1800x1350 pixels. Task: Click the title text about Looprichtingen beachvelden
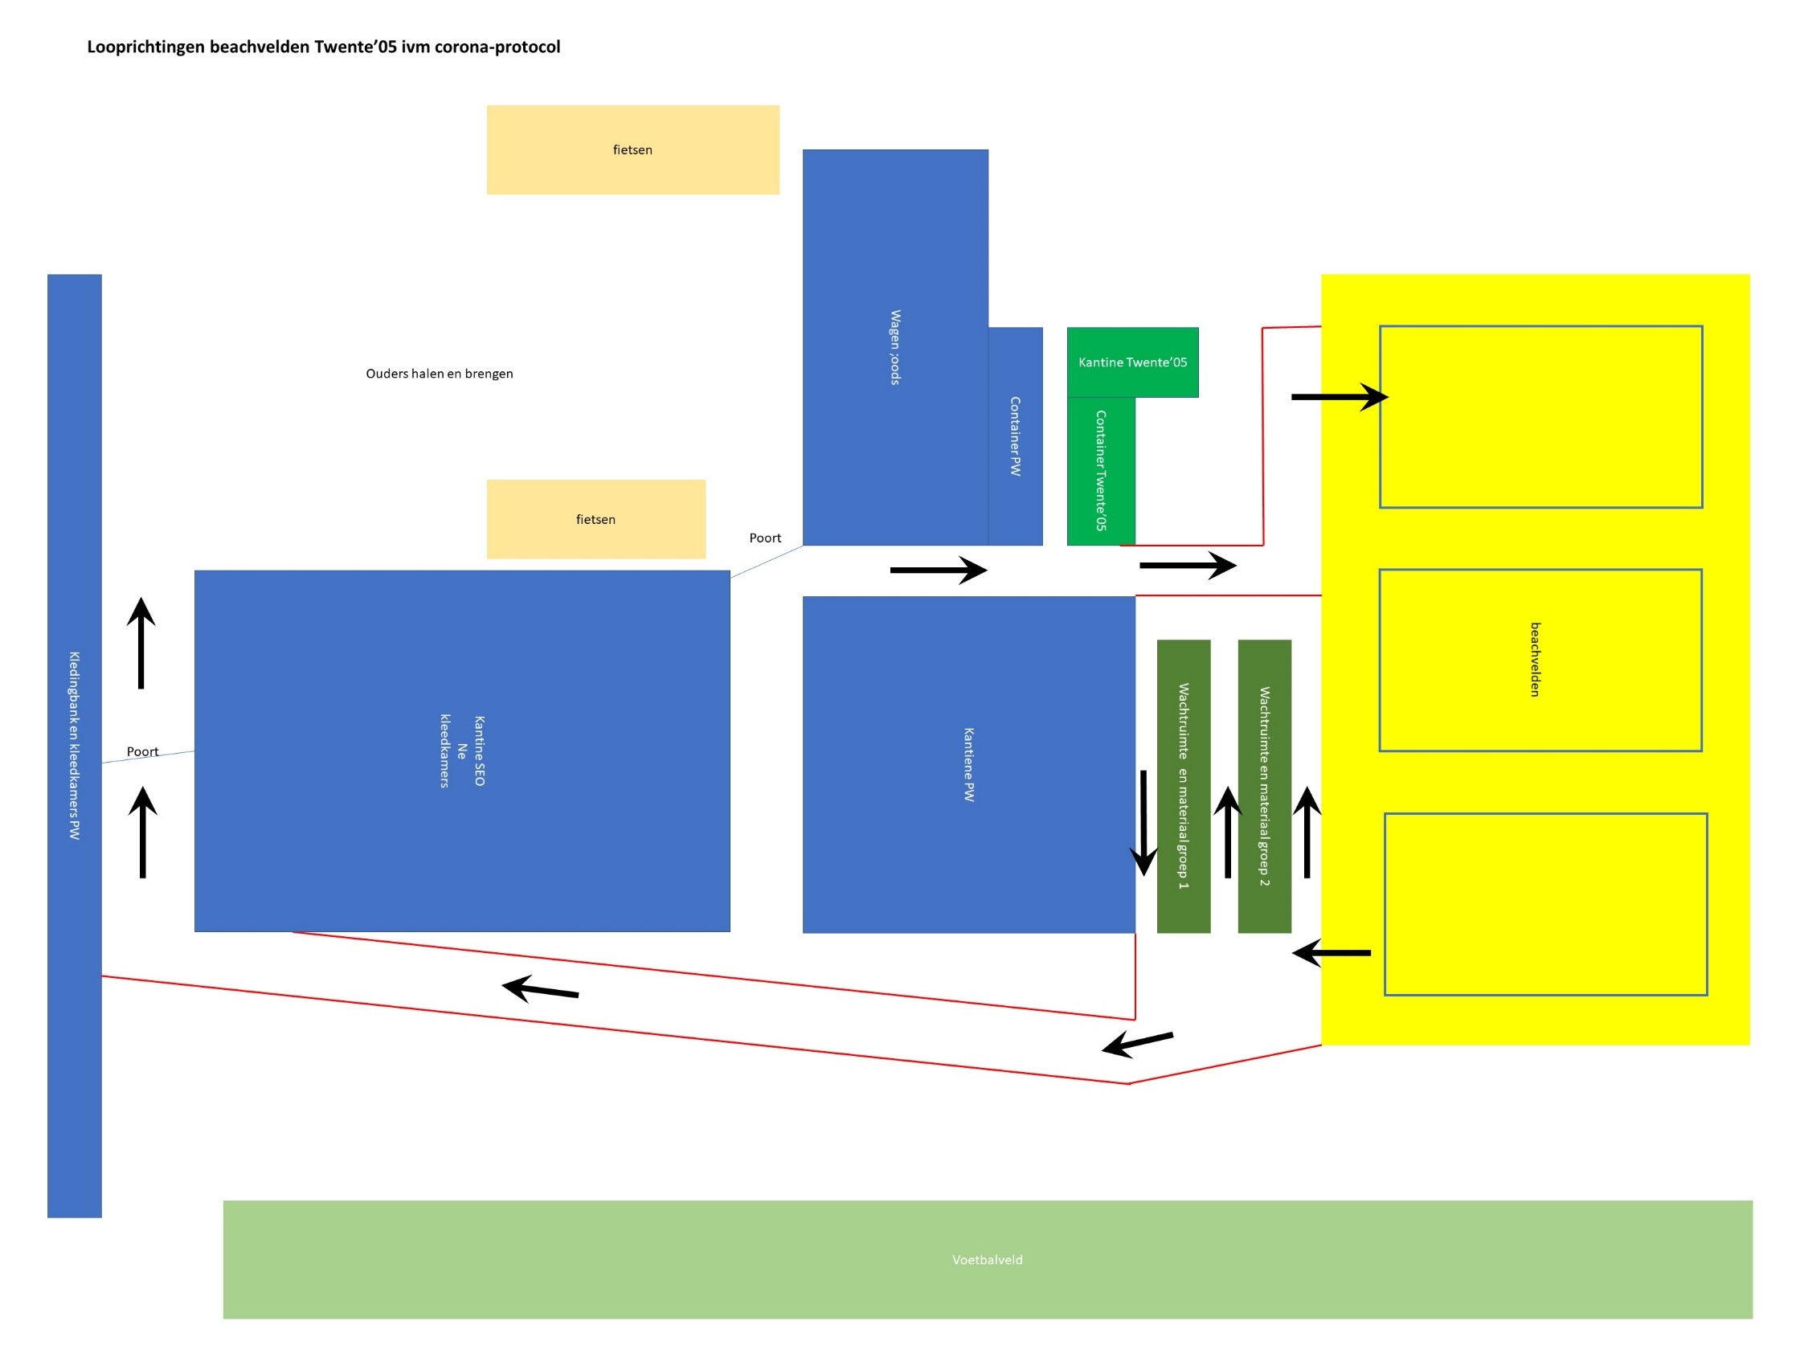pyautogui.click(x=323, y=47)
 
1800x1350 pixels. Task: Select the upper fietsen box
pyautogui.click(x=632, y=149)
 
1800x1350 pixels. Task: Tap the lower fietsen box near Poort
pyautogui.click(x=595, y=519)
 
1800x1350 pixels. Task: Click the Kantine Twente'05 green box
pyautogui.click(x=1132, y=362)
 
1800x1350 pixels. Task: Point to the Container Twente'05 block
pyautogui.click(x=1100, y=471)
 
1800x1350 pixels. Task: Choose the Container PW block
pyautogui.click(x=1015, y=436)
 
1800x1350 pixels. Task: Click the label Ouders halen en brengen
pyautogui.click(x=440, y=374)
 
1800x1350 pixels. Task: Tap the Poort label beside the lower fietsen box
pyautogui.click(x=765, y=538)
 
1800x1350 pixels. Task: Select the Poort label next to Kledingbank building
pyautogui.click(x=142, y=752)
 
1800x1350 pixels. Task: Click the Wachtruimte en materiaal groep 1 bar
pyautogui.click(x=1183, y=786)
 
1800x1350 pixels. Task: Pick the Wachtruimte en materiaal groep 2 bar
pyautogui.click(x=1264, y=786)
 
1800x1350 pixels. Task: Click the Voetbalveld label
pyautogui.click(x=987, y=1260)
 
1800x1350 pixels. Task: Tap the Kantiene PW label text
pyautogui.click(x=968, y=765)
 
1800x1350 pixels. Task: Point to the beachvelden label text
pyautogui.click(x=1535, y=660)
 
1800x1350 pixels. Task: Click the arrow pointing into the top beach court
pyautogui.click(x=1340, y=397)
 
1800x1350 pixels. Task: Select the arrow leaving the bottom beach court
pyautogui.click(x=1332, y=953)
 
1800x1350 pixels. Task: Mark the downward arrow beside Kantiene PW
pyautogui.click(x=1143, y=822)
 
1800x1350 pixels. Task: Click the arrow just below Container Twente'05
pyautogui.click(x=1187, y=565)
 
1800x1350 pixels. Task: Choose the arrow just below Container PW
pyautogui.click(x=939, y=571)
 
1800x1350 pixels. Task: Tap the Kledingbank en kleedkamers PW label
pyautogui.click(x=74, y=746)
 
